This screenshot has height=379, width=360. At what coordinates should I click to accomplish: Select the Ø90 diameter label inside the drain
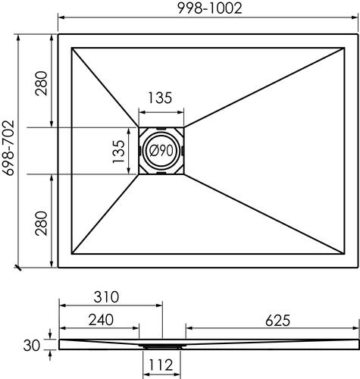[161, 151]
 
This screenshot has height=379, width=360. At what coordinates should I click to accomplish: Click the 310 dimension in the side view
[110, 294]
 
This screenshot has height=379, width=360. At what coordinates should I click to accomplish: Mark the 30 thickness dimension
[30, 346]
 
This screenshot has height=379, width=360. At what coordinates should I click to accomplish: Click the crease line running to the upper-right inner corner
[265, 88]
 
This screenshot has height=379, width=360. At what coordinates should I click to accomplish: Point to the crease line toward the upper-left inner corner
[104, 87]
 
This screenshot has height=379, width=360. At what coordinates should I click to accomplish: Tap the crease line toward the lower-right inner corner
[265, 215]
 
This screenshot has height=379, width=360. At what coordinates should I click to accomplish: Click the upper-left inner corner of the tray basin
[72, 49]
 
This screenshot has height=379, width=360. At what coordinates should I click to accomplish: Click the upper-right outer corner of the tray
[358, 33]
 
